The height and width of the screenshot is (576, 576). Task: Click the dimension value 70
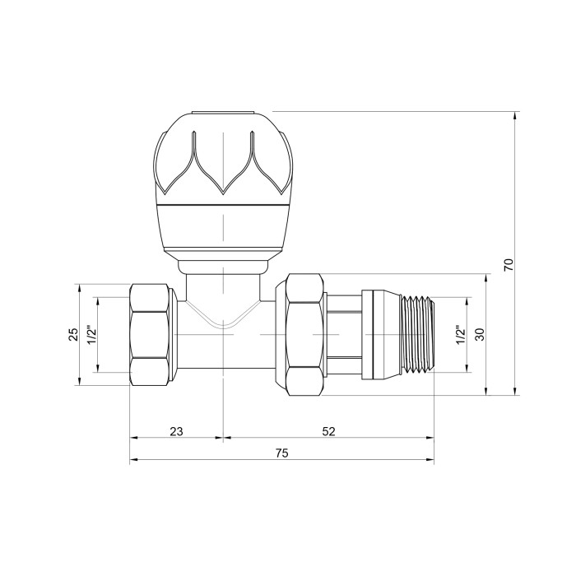(508, 264)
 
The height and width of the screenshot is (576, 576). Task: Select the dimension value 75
(281, 453)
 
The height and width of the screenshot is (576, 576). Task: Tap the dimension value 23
(176, 431)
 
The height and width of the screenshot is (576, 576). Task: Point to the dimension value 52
(329, 431)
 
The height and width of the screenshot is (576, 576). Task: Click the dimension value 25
(73, 334)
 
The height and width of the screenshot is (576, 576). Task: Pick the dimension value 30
(480, 334)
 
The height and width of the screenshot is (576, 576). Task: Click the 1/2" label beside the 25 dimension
(91, 334)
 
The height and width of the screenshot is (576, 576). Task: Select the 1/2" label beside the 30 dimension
(461, 334)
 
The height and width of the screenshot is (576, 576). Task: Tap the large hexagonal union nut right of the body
(305, 335)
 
